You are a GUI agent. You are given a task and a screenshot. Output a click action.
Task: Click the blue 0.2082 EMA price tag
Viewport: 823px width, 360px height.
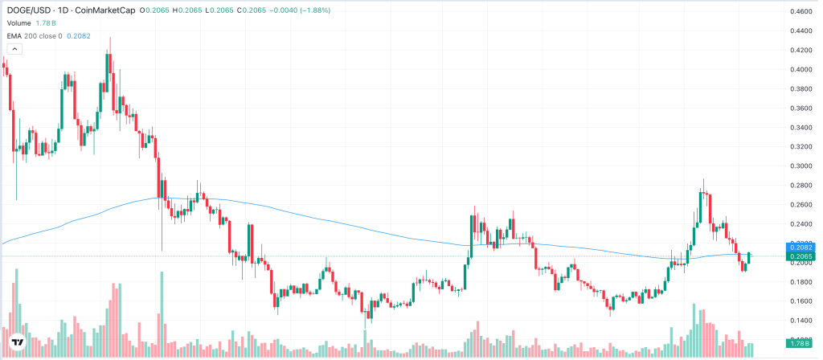[800, 246]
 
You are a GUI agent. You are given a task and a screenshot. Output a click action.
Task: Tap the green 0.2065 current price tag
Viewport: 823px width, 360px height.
[800, 256]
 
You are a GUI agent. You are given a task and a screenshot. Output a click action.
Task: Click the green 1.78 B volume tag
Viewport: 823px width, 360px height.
[800, 346]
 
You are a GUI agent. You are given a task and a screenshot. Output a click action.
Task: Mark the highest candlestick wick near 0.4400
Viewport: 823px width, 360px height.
[110, 39]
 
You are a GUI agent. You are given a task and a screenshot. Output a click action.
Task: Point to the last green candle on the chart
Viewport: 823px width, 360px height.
[750, 258]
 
